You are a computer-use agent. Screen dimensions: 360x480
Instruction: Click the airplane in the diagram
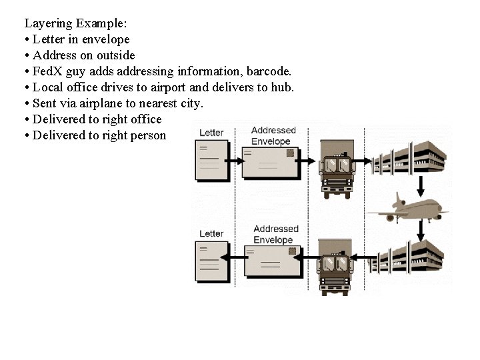coord(408,208)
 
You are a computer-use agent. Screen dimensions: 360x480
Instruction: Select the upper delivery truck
coord(337,169)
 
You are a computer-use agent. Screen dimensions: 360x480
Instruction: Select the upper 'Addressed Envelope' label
coord(271,136)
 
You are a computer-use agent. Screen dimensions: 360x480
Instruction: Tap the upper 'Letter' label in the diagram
coord(211,133)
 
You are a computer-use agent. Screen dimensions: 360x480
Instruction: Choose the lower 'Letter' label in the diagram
coord(211,233)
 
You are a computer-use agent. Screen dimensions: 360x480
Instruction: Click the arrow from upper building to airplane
coord(421,183)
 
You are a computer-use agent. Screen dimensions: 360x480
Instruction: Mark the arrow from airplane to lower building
coord(421,230)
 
